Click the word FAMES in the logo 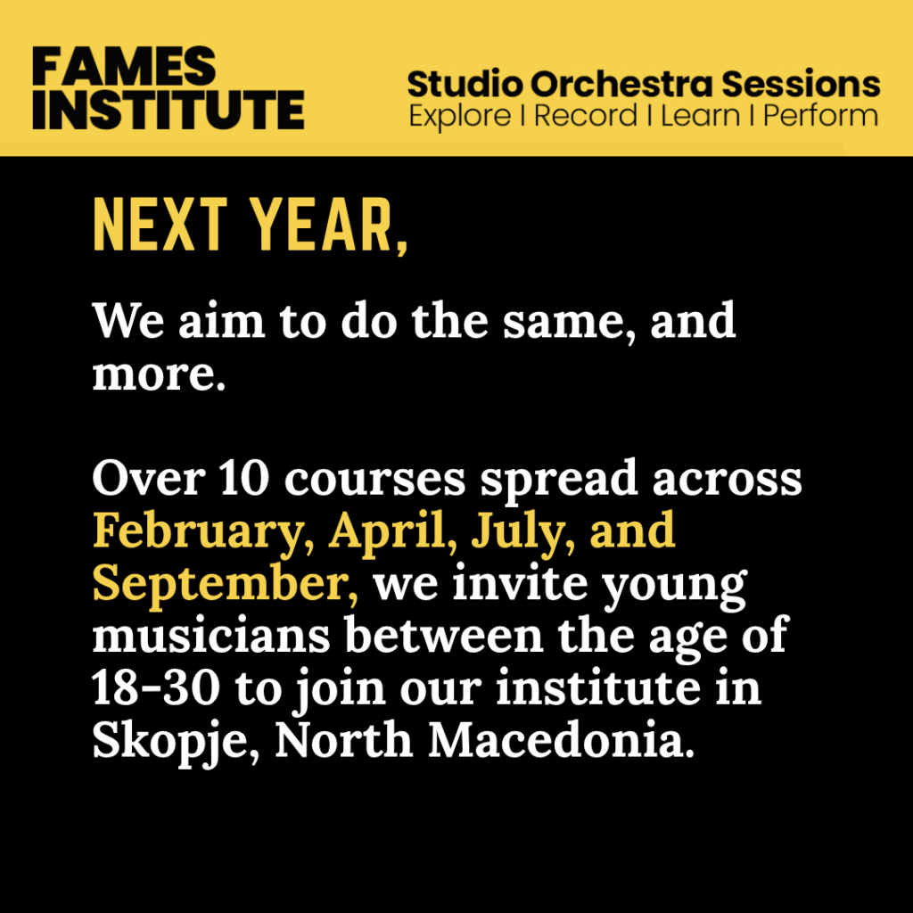click(124, 66)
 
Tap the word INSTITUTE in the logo click(169, 109)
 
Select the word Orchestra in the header click(621, 84)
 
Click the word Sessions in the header click(802, 84)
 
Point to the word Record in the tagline click(585, 115)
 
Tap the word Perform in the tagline click(820, 115)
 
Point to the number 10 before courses click(244, 479)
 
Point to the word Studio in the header click(465, 84)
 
